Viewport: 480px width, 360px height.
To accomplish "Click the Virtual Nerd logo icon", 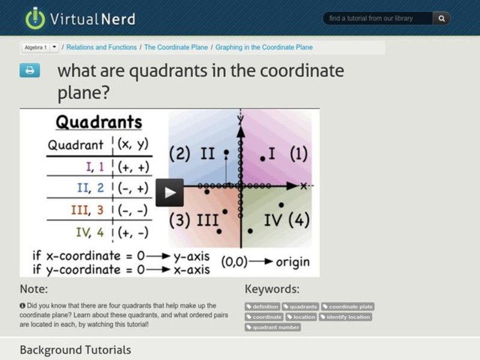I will click(x=35, y=18).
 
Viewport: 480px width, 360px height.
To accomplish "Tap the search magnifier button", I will click(x=442, y=19).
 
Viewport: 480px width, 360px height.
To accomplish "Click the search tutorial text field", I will click(x=378, y=19).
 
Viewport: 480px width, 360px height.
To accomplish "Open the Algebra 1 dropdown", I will click(x=55, y=47).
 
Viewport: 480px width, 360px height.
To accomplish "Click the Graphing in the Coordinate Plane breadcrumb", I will click(x=264, y=47).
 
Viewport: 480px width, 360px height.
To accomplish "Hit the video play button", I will click(x=170, y=192).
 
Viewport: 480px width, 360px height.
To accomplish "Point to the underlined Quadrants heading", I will click(x=99, y=122).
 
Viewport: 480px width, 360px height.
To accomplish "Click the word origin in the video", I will click(x=293, y=262).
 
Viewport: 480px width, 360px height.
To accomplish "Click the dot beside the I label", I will click(x=262, y=158).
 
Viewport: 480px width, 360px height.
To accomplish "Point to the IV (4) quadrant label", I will click(x=287, y=220).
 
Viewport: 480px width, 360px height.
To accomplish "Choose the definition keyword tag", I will click(x=262, y=307).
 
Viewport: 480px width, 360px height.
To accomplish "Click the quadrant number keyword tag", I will click(x=273, y=327).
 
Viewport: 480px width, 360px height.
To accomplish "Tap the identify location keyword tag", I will click(x=346, y=317).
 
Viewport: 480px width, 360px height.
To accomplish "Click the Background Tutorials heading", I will click(x=75, y=350).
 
